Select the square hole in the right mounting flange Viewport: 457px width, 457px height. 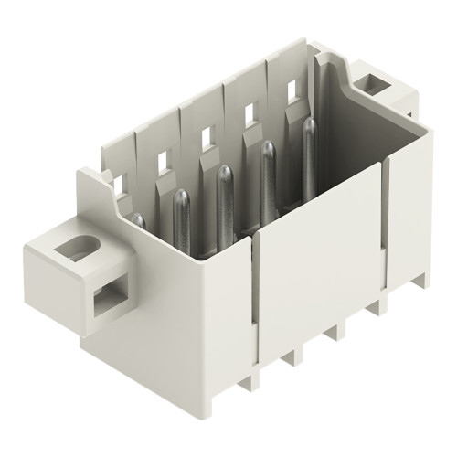375,85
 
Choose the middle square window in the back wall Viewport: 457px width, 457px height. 207,139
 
